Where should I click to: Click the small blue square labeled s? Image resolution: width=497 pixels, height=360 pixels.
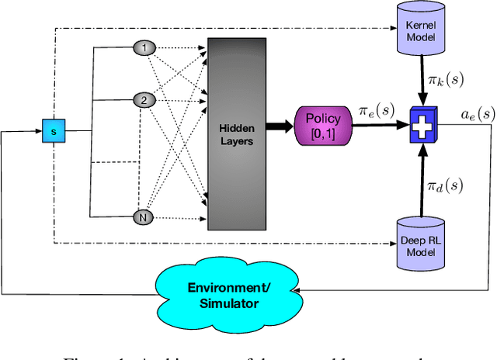pyautogui.click(x=53, y=132)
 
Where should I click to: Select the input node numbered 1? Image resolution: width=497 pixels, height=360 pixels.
pyautogui.click(x=143, y=48)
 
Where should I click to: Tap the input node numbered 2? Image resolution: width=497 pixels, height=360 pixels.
pyautogui.click(x=143, y=100)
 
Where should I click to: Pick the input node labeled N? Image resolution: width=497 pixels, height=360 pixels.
pyautogui.click(x=143, y=218)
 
